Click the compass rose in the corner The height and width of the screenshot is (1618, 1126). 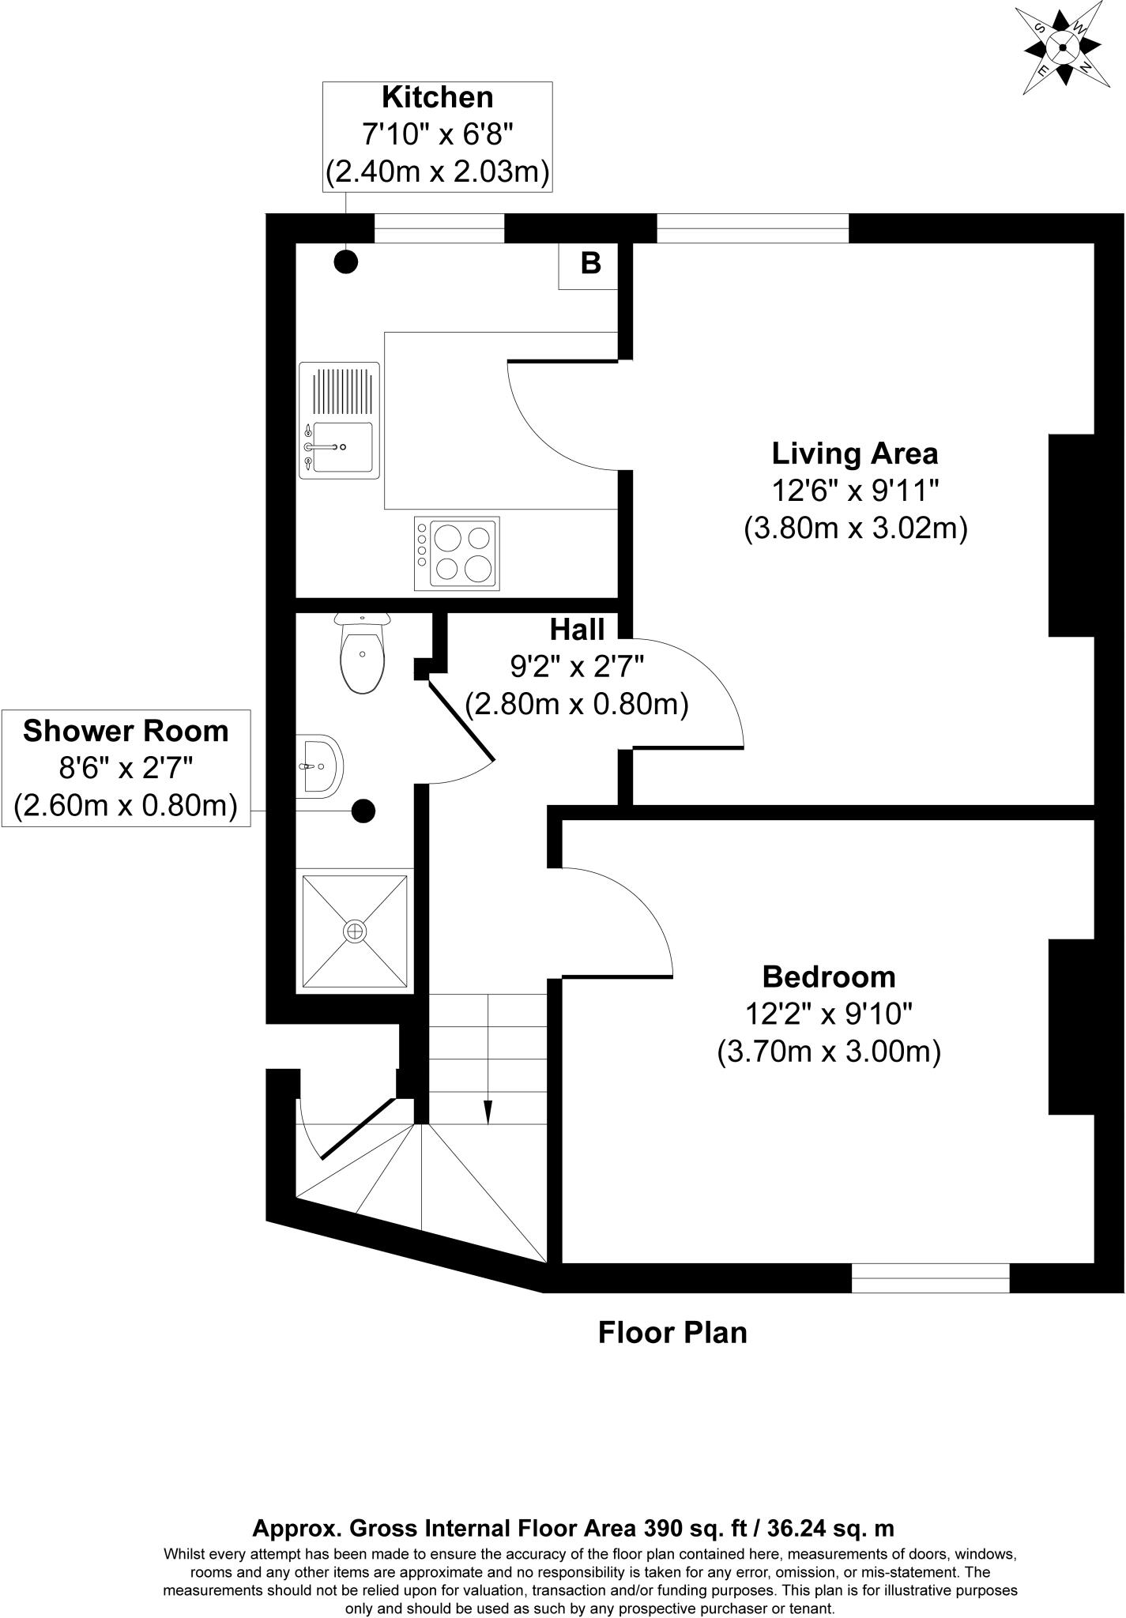pyautogui.click(x=1062, y=48)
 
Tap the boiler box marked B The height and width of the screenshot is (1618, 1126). pyautogui.click(x=589, y=265)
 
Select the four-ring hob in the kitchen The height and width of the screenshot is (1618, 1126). pyautogui.click(x=457, y=553)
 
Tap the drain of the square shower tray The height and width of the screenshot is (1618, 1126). pyautogui.click(x=355, y=931)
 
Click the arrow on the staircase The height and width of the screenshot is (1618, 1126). pyautogui.click(x=488, y=1112)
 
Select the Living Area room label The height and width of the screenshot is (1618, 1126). pyautogui.click(x=854, y=453)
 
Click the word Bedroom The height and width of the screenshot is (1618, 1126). pyautogui.click(x=828, y=976)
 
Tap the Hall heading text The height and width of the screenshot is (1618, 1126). pyautogui.click(x=577, y=630)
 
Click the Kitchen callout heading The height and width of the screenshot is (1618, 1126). pyautogui.click(x=437, y=97)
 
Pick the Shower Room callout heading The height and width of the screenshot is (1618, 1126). pyautogui.click(x=126, y=731)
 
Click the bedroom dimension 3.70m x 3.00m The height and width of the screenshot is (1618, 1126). pyautogui.click(x=828, y=1052)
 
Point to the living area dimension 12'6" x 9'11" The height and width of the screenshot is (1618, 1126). pyautogui.click(x=854, y=491)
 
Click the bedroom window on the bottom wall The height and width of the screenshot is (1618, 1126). pyautogui.click(x=930, y=1278)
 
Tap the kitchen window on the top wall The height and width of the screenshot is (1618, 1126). pyautogui.click(x=439, y=229)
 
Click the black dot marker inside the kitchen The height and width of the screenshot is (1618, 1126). pyautogui.click(x=346, y=262)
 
